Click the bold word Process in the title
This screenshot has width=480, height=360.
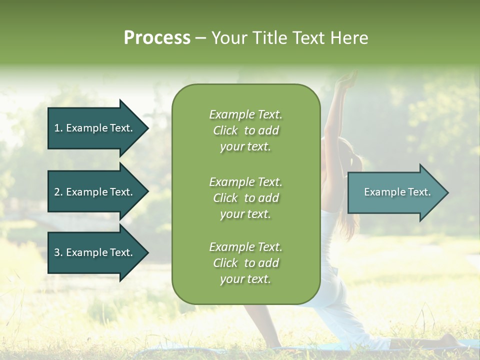[157, 38]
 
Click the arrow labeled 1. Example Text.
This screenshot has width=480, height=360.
[95, 128]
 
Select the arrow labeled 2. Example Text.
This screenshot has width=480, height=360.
[95, 192]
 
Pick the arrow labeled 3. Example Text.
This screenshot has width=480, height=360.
[95, 252]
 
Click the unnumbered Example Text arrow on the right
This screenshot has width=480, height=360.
[395, 192]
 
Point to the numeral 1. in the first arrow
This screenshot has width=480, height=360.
[58, 128]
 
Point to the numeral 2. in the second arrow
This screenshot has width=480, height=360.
[58, 192]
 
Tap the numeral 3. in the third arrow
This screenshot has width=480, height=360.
[58, 252]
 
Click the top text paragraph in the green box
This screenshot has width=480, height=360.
[245, 130]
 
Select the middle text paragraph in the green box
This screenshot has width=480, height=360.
[245, 198]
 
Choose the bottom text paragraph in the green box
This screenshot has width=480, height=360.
[245, 263]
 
